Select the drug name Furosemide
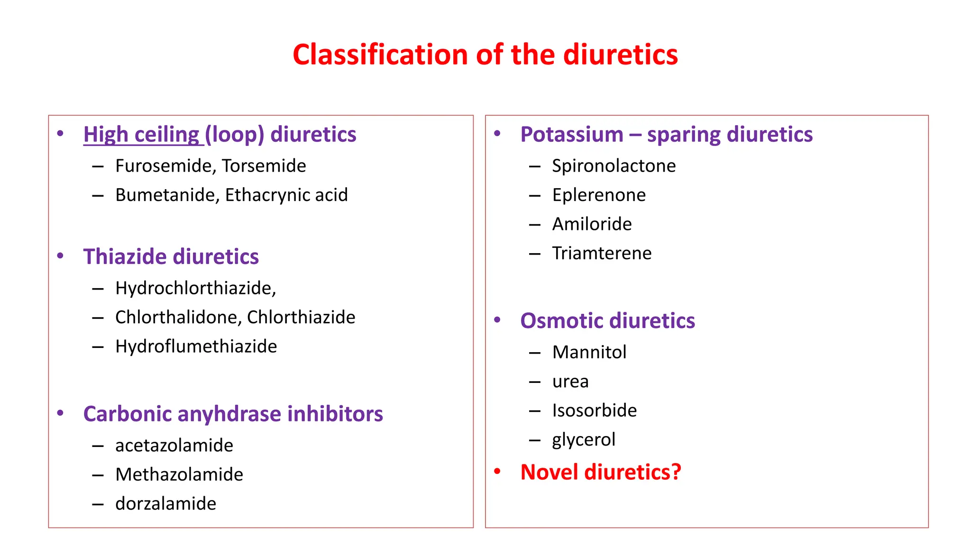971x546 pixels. [165, 166]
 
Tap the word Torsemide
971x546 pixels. [264, 166]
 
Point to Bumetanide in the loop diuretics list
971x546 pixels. [167, 195]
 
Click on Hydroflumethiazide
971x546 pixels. [196, 346]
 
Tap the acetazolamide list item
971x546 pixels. [174, 446]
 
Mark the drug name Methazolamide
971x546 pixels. [179, 474]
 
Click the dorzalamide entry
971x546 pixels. [165, 504]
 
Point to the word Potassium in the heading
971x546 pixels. [572, 135]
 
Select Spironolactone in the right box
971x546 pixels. [614, 166]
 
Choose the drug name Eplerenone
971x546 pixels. [599, 195]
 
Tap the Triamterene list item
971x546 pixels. [602, 254]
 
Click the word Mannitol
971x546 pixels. [589, 352]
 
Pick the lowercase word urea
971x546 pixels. [570, 382]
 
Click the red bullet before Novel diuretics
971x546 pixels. [497, 472]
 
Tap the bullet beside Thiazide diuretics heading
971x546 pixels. [60, 256]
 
